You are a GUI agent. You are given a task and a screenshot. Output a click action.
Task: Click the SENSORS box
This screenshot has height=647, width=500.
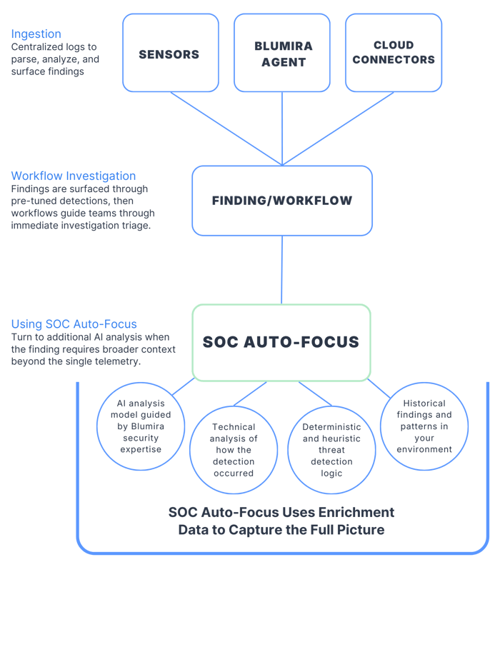(x=170, y=54)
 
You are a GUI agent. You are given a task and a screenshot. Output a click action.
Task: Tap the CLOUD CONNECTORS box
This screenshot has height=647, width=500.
(x=393, y=54)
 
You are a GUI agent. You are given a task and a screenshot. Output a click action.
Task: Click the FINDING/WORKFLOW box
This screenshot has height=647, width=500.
(x=282, y=201)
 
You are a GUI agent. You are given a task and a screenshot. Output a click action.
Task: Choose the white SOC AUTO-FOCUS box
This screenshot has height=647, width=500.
(x=281, y=342)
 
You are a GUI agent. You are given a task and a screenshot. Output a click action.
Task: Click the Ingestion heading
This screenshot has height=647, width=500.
(x=36, y=34)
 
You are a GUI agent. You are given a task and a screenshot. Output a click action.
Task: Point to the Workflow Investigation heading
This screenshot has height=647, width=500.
(x=74, y=176)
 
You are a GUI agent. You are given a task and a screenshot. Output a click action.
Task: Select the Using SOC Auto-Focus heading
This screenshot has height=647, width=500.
(x=74, y=324)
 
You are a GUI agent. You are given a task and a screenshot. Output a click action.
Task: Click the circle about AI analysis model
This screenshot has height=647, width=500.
(x=141, y=426)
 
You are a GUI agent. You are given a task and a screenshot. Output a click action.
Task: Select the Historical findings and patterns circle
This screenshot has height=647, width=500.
(x=424, y=426)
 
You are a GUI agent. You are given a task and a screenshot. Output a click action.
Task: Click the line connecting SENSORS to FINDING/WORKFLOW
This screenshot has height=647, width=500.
(x=225, y=128)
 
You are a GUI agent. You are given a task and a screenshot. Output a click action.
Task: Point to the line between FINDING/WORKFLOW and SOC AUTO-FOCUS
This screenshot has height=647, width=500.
(x=281, y=270)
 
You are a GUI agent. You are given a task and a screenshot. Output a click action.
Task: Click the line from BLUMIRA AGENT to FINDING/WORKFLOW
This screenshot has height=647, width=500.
(x=282, y=129)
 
